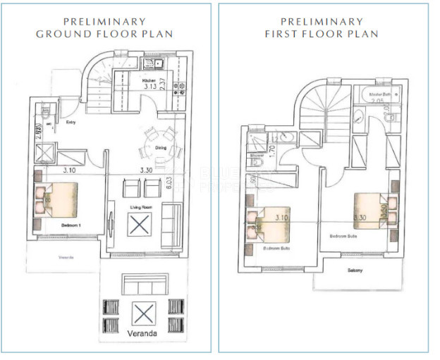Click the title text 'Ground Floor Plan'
(104, 34)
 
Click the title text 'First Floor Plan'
(322, 34)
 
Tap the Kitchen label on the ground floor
(149, 81)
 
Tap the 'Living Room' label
(142, 206)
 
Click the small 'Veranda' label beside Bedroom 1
(66, 257)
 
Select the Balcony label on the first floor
(355, 270)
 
